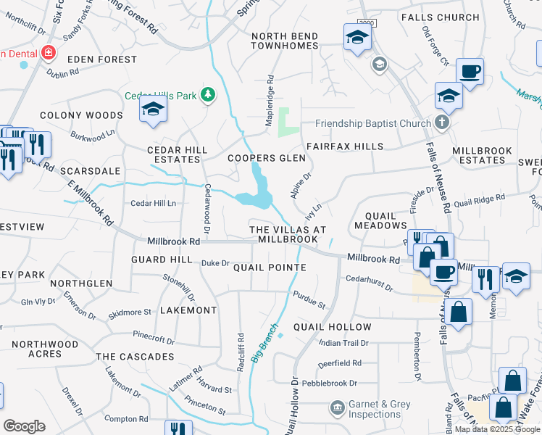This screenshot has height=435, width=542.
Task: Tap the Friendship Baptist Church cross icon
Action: (442, 123)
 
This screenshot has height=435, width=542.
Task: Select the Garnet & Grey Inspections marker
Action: (337, 409)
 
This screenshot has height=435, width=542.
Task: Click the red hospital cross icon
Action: (49, 53)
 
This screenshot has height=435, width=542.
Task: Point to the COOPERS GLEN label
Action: (262, 158)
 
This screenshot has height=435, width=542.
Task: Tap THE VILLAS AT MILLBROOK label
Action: (283, 233)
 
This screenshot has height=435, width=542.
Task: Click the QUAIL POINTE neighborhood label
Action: (270, 268)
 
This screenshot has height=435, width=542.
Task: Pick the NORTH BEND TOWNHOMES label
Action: (284, 41)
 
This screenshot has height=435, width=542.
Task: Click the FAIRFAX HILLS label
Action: (344, 146)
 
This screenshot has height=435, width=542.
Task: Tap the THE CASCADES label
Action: (135, 357)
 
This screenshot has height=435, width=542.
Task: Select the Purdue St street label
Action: (309, 299)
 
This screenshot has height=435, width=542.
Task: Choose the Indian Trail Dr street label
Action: (344, 343)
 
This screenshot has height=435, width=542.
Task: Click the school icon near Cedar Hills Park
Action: (153, 109)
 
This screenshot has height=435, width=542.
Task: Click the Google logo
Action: (24, 426)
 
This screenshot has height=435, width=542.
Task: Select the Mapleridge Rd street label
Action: (270, 92)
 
